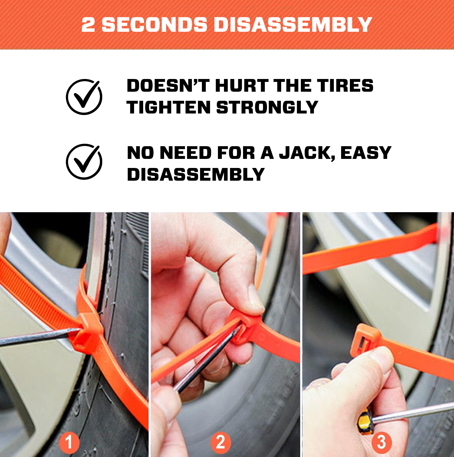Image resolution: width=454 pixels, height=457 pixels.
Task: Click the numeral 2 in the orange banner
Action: pyautogui.click(x=88, y=25)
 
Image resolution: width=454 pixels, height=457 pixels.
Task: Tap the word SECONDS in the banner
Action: pyautogui.click(x=154, y=25)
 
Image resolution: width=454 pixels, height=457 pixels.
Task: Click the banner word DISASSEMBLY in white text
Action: pyautogui.click(x=293, y=25)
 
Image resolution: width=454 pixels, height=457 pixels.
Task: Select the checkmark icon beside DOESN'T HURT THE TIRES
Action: pyautogui.click(x=84, y=97)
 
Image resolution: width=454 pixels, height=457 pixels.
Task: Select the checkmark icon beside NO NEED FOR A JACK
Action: pyautogui.click(x=84, y=162)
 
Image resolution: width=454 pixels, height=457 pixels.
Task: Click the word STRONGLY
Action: pyautogui.click(x=267, y=107)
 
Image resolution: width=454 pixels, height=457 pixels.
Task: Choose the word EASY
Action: pyautogui.click(x=366, y=153)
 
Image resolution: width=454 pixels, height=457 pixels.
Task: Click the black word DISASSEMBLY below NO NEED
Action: pyautogui.click(x=196, y=175)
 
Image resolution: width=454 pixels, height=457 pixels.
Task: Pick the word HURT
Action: pyautogui.click(x=242, y=86)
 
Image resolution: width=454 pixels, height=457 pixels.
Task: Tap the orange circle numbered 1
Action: pyautogui.click(x=69, y=442)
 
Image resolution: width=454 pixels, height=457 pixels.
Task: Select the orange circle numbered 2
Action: pyautogui.click(x=221, y=442)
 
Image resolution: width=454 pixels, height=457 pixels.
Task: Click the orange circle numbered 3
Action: pyautogui.click(x=382, y=442)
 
